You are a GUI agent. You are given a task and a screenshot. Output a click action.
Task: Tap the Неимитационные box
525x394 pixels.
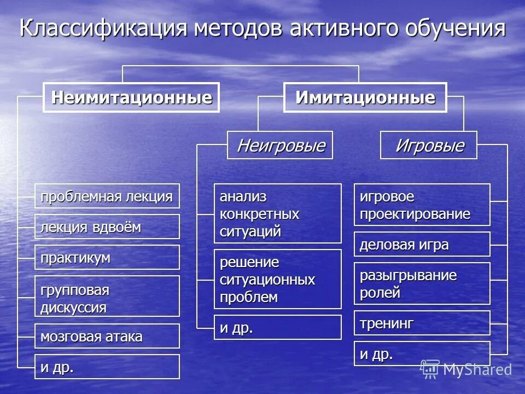click(131, 98)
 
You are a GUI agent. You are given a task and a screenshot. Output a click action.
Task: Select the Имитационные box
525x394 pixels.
click(365, 98)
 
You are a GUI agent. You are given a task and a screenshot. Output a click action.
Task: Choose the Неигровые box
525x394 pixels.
click(280, 146)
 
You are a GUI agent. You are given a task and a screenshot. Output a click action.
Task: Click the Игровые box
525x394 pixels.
click(429, 146)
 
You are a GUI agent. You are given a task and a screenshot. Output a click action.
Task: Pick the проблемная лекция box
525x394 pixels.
click(107, 196)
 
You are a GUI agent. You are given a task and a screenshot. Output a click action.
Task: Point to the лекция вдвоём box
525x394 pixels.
click(107, 227)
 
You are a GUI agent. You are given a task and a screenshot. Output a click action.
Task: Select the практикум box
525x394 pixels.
click(107, 257)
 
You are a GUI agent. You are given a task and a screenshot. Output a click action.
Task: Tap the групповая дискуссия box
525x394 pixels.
click(107, 296)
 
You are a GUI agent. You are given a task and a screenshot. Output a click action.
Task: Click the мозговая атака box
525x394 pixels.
click(107, 336)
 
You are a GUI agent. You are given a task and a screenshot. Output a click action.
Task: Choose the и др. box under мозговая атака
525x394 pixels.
click(107, 367)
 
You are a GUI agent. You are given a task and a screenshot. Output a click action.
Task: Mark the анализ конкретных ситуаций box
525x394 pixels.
click(277, 213)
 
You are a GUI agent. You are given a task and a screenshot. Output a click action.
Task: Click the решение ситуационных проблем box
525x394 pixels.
click(277, 279)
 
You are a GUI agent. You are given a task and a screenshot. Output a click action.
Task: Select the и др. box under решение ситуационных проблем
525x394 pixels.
click(277, 327)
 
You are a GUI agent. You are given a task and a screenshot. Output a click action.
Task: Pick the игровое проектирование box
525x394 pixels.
click(422, 205)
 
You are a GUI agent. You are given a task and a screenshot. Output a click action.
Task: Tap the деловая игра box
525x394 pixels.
click(422, 244)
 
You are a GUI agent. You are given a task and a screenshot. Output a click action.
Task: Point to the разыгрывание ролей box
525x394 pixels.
click(422, 283)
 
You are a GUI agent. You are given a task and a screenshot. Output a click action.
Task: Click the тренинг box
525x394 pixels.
click(422, 323)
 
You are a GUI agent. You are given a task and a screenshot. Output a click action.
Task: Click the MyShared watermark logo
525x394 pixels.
click(466, 369)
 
